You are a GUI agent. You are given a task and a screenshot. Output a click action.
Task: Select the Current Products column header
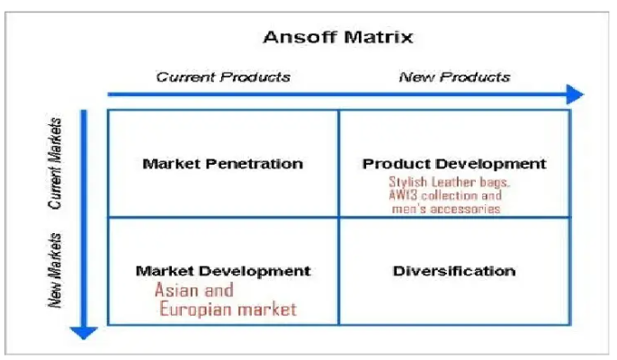[x=223, y=76]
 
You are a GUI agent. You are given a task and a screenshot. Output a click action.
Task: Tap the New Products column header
[x=454, y=76]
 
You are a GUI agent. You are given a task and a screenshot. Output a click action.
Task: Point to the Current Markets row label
[x=56, y=163]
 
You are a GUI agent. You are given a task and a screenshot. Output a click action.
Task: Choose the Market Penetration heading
[x=222, y=164]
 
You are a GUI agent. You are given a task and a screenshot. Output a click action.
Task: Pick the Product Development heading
[x=454, y=164]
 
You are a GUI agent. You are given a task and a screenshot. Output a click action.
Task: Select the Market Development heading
[x=223, y=271]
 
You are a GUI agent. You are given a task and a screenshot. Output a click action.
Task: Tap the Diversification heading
[x=454, y=271]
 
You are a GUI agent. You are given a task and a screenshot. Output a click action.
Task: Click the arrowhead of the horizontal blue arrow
[x=574, y=94]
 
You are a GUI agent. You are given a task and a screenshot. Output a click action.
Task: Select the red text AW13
[x=405, y=194]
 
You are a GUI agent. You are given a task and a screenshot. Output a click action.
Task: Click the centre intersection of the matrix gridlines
[x=338, y=217]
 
